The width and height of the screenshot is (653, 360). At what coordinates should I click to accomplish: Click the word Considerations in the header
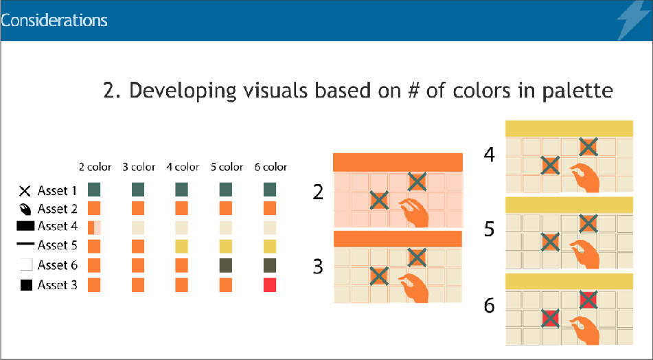54,21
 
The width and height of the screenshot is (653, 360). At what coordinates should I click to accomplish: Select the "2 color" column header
95,167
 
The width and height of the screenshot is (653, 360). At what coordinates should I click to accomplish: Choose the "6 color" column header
271,167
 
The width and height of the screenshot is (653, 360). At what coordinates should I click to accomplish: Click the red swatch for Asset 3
270,285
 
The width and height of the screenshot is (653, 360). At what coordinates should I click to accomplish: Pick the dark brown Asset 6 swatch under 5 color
226,265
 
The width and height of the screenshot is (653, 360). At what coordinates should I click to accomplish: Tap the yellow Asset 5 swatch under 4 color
181,246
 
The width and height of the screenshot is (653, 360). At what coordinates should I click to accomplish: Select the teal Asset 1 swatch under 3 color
138,190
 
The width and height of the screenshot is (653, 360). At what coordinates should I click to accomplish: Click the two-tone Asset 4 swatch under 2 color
94,227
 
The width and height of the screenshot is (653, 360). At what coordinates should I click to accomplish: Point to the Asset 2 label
58,208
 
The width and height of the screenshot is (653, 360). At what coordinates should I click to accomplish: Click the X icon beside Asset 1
25,191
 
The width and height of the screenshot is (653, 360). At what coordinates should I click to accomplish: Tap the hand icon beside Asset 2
25,209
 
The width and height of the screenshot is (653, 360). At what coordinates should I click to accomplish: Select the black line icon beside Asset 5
25,245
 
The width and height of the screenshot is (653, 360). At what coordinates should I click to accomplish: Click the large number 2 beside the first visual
318,192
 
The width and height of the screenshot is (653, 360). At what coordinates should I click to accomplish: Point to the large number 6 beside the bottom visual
490,306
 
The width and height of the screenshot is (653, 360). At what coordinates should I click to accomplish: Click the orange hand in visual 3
414,288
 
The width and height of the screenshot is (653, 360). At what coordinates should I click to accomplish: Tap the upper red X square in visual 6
588,300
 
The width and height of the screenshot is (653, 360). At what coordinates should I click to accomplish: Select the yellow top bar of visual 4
569,128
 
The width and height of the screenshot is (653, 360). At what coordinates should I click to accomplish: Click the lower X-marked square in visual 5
550,243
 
